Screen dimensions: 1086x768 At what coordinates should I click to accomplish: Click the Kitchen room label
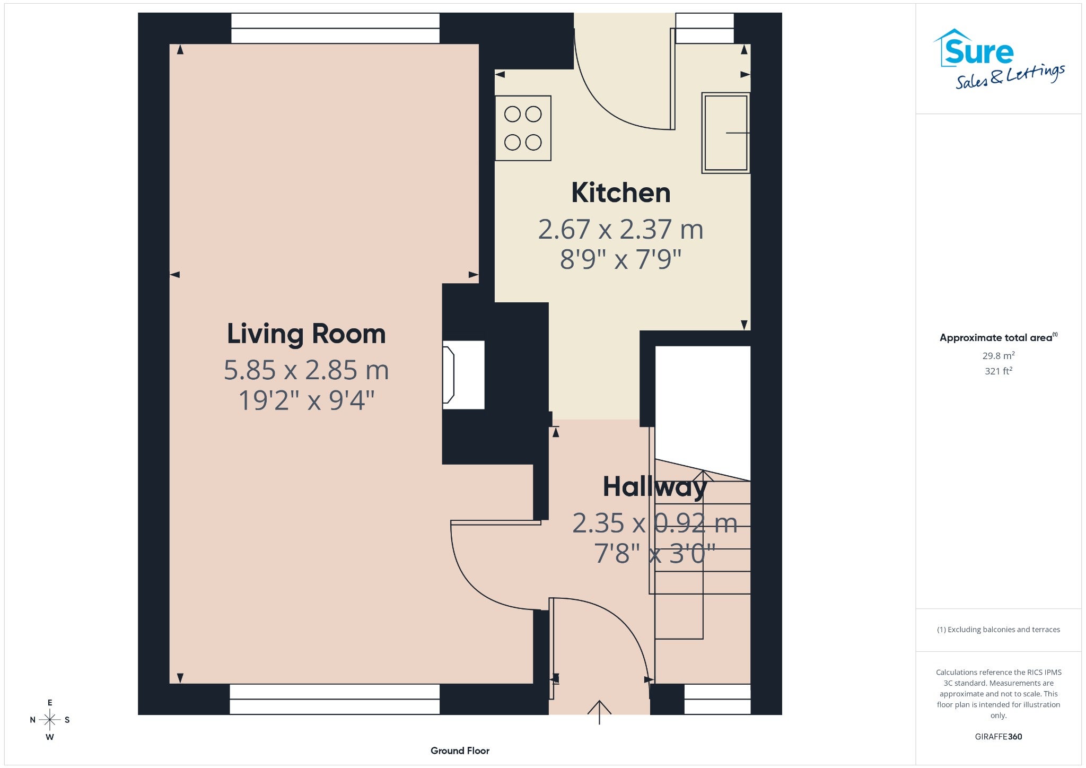tap(620, 193)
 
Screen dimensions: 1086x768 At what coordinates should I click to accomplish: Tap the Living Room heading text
tap(306, 334)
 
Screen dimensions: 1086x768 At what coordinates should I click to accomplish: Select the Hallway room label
tap(655, 487)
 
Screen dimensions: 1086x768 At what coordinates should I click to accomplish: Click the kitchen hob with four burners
tap(523, 128)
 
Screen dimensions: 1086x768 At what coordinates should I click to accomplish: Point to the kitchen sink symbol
tap(725, 133)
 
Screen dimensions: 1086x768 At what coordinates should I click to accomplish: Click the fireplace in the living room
tap(463, 375)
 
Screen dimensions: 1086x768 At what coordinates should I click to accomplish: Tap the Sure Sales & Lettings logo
tap(999, 59)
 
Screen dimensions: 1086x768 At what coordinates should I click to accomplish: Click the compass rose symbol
tap(50, 720)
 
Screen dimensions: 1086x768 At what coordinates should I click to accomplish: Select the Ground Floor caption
tap(460, 750)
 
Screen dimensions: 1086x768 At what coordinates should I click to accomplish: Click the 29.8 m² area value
tap(999, 355)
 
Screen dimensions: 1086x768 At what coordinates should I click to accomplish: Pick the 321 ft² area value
tap(999, 371)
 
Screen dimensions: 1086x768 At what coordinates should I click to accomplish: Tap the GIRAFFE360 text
tap(999, 736)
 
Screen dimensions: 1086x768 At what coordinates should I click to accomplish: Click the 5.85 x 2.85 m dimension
tap(306, 370)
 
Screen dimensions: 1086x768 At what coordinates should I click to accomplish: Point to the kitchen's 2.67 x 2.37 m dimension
tap(620, 229)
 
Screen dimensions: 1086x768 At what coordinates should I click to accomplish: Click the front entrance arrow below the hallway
tap(599, 712)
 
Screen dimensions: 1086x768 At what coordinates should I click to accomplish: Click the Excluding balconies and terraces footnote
tap(999, 630)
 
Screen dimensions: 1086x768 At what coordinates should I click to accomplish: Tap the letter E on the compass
tap(50, 703)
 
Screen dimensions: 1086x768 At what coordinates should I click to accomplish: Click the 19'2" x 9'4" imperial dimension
tap(306, 400)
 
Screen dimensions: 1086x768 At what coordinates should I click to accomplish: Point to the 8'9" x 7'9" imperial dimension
tap(620, 259)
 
